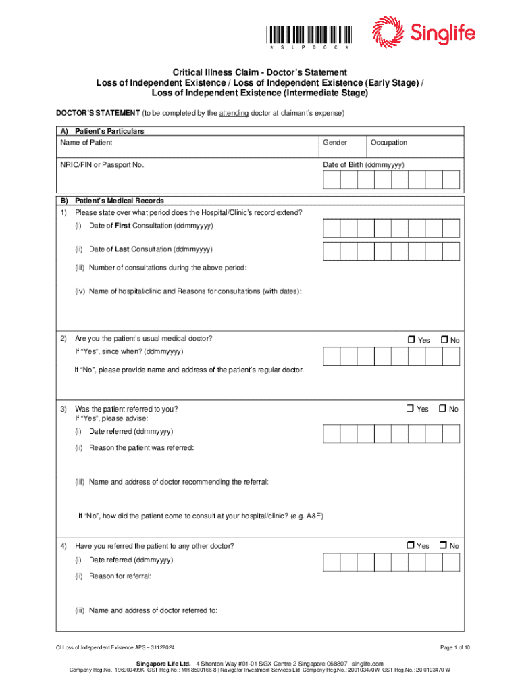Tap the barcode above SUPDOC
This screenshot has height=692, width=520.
click(309, 34)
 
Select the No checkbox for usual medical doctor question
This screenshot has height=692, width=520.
click(444, 339)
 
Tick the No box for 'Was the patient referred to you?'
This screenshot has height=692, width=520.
click(444, 408)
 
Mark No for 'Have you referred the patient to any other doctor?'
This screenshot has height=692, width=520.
click(444, 545)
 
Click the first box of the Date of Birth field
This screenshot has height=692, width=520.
click(332, 179)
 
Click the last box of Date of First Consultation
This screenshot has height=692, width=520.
click(451, 229)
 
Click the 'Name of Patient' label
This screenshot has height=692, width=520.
click(86, 143)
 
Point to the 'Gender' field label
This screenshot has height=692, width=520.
click(335, 143)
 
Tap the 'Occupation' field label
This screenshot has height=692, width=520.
click(389, 143)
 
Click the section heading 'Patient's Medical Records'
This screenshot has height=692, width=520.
click(120, 201)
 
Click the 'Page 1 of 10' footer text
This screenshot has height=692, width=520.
click(454, 648)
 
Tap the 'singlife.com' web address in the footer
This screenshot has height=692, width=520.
click(367, 663)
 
